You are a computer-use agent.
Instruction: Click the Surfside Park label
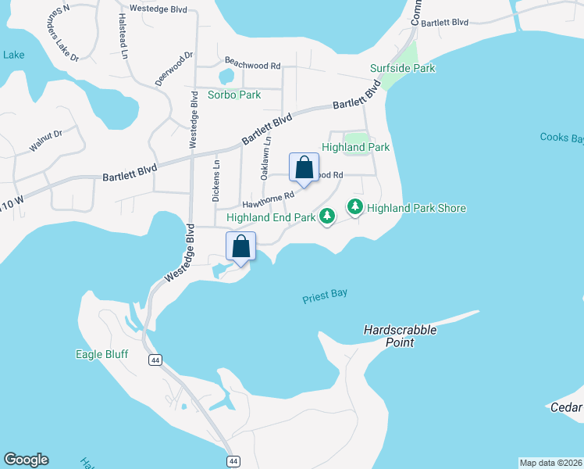coord(402,69)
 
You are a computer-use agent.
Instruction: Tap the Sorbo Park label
coord(234,95)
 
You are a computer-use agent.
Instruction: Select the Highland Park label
coord(355,147)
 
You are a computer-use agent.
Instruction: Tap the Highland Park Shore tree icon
coord(355,207)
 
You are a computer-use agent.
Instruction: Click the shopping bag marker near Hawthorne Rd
coord(304,169)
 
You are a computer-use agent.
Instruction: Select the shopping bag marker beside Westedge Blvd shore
coord(241,247)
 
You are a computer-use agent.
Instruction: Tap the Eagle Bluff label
coord(101,354)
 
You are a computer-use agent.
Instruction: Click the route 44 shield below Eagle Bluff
coord(156,359)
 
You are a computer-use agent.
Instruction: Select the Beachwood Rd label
coord(252,65)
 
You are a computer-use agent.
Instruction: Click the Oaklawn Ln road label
coord(265,159)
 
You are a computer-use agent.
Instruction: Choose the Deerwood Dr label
coord(173,69)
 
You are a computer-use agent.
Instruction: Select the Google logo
coord(26,460)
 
